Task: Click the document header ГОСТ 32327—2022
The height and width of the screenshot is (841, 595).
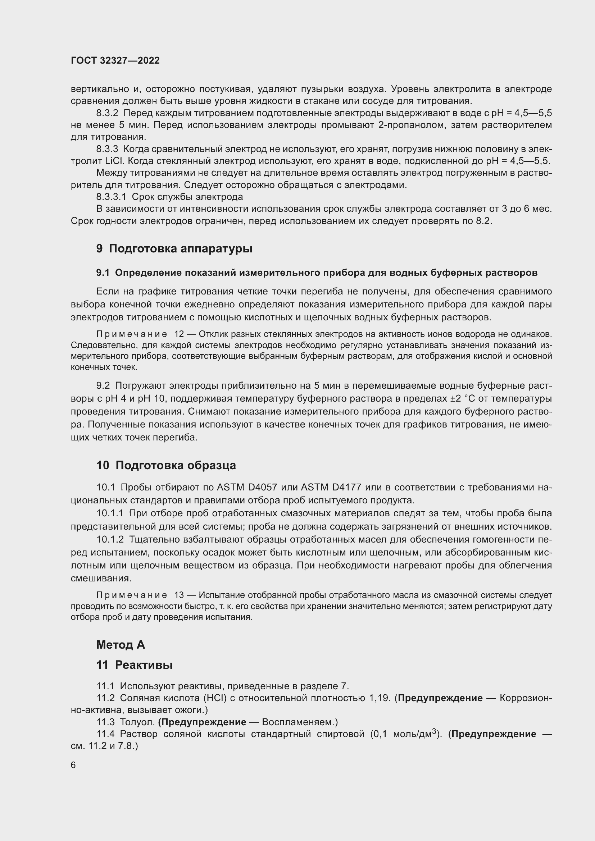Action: coord(115,60)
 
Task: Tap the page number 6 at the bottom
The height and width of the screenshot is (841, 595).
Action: coord(73,765)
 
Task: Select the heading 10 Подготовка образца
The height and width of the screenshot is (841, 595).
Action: coord(166,465)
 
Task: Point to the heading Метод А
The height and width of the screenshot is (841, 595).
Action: coord(121,645)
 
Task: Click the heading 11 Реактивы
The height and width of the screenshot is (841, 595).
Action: coord(135,665)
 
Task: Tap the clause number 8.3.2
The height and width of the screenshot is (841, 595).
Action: coord(107,113)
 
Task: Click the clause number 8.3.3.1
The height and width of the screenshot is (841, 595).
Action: coord(111,197)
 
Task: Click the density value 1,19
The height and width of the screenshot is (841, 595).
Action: coord(380,698)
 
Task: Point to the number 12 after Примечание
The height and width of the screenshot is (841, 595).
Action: coord(179,334)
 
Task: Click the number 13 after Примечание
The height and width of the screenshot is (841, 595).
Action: coord(179,595)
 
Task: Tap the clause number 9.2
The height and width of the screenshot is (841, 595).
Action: coord(103,385)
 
